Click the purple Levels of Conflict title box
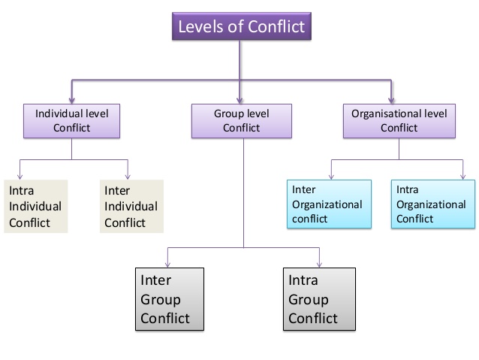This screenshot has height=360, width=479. pyautogui.click(x=242, y=26)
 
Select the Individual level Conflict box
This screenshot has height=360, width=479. pyautogui.click(x=72, y=121)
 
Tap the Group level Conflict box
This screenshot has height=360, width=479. pyautogui.click(x=242, y=121)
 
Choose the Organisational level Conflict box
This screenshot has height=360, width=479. pyautogui.click(x=399, y=121)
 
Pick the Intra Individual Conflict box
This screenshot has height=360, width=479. pyautogui.click(x=36, y=207)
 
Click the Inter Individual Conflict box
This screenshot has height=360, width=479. pyautogui.click(x=131, y=207)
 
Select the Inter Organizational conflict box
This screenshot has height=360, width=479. pyautogui.click(x=329, y=204)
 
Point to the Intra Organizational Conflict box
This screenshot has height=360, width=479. pyautogui.click(x=433, y=204)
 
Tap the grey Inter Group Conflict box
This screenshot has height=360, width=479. pyautogui.click(x=170, y=299)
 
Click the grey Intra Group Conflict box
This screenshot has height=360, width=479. pyautogui.click(x=319, y=299)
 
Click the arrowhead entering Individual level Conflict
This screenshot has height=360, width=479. pyautogui.click(x=72, y=100)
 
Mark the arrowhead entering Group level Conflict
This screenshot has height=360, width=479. pyautogui.click(x=239, y=100)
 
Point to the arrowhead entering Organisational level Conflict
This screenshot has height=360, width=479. pyautogui.click(x=391, y=100)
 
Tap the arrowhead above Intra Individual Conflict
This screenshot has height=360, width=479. pyautogui.click(x=20, y=177)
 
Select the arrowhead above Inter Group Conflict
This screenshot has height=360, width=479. pyautogui.click(x=167, y=265)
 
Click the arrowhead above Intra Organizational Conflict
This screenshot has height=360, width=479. pyautogui.click(x=463, y=177)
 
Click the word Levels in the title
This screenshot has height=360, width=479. pyautogui.click(x=201, y=26)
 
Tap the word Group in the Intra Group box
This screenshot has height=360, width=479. pyautogui.click(x=309, y=300)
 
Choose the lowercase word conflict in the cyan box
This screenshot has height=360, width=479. pyautogui.click(x=310, y=219)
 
